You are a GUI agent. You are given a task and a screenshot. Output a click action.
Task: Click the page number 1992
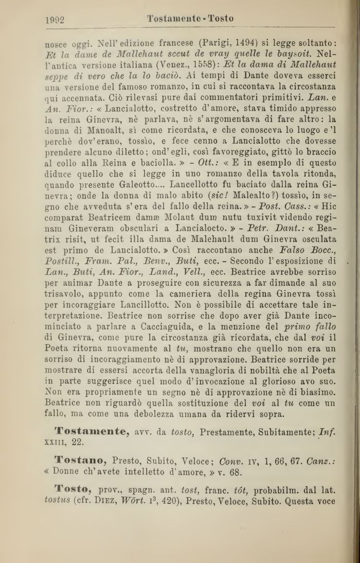[x=55, y=20]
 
